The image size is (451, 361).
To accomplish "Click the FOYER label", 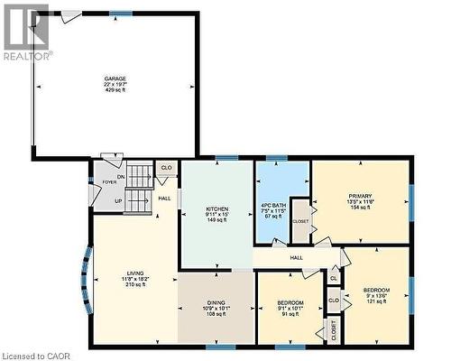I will click(109, 182).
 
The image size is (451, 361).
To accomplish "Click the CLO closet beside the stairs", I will click(166, 168).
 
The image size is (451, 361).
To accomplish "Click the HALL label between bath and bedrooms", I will click(296, 258).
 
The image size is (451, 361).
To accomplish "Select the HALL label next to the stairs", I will click(164, 199).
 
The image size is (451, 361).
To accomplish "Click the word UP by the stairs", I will click(118, 200).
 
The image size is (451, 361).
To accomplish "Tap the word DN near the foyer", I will click(120, 176).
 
